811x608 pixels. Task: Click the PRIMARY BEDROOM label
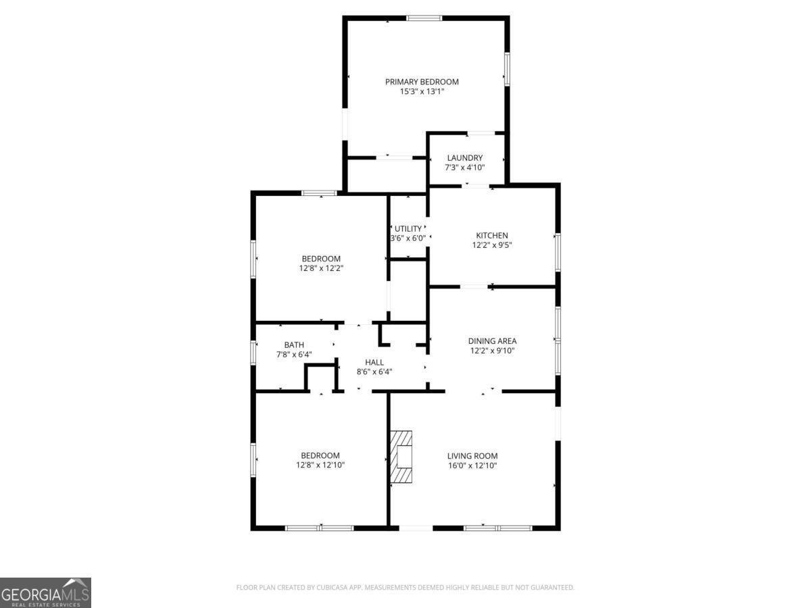click(x=422, y=82)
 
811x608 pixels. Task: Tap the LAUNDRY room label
click(x=464, y=158)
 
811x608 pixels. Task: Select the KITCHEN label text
click(x=491, y=236)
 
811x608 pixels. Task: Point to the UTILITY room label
click(x=408, y=228)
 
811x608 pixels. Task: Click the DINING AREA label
click(x=492, y=341)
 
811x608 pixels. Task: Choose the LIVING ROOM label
click(x=472, y=456)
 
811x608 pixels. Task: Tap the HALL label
click(x=374, y=362)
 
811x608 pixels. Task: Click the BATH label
click(x=294, y=345)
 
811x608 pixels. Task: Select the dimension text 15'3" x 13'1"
click(x=422, y=91)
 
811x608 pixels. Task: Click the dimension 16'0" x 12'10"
click(x=472, y=465)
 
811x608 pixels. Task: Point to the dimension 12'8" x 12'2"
click(x=321, y=268)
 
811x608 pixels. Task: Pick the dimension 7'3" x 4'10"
click(x=464, y=168)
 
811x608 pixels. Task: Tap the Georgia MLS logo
click(x=45, y=592)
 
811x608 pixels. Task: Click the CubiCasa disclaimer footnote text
click(x=405, y=587)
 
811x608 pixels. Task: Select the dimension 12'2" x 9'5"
click(x=491, y=245)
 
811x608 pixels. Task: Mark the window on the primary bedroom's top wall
click(x=424, y=18)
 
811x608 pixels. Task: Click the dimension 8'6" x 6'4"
click(x=374, y=372)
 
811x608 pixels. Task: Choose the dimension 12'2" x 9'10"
click(x=492, y=351)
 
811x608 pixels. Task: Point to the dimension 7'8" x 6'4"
click(x=294, y=355)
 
